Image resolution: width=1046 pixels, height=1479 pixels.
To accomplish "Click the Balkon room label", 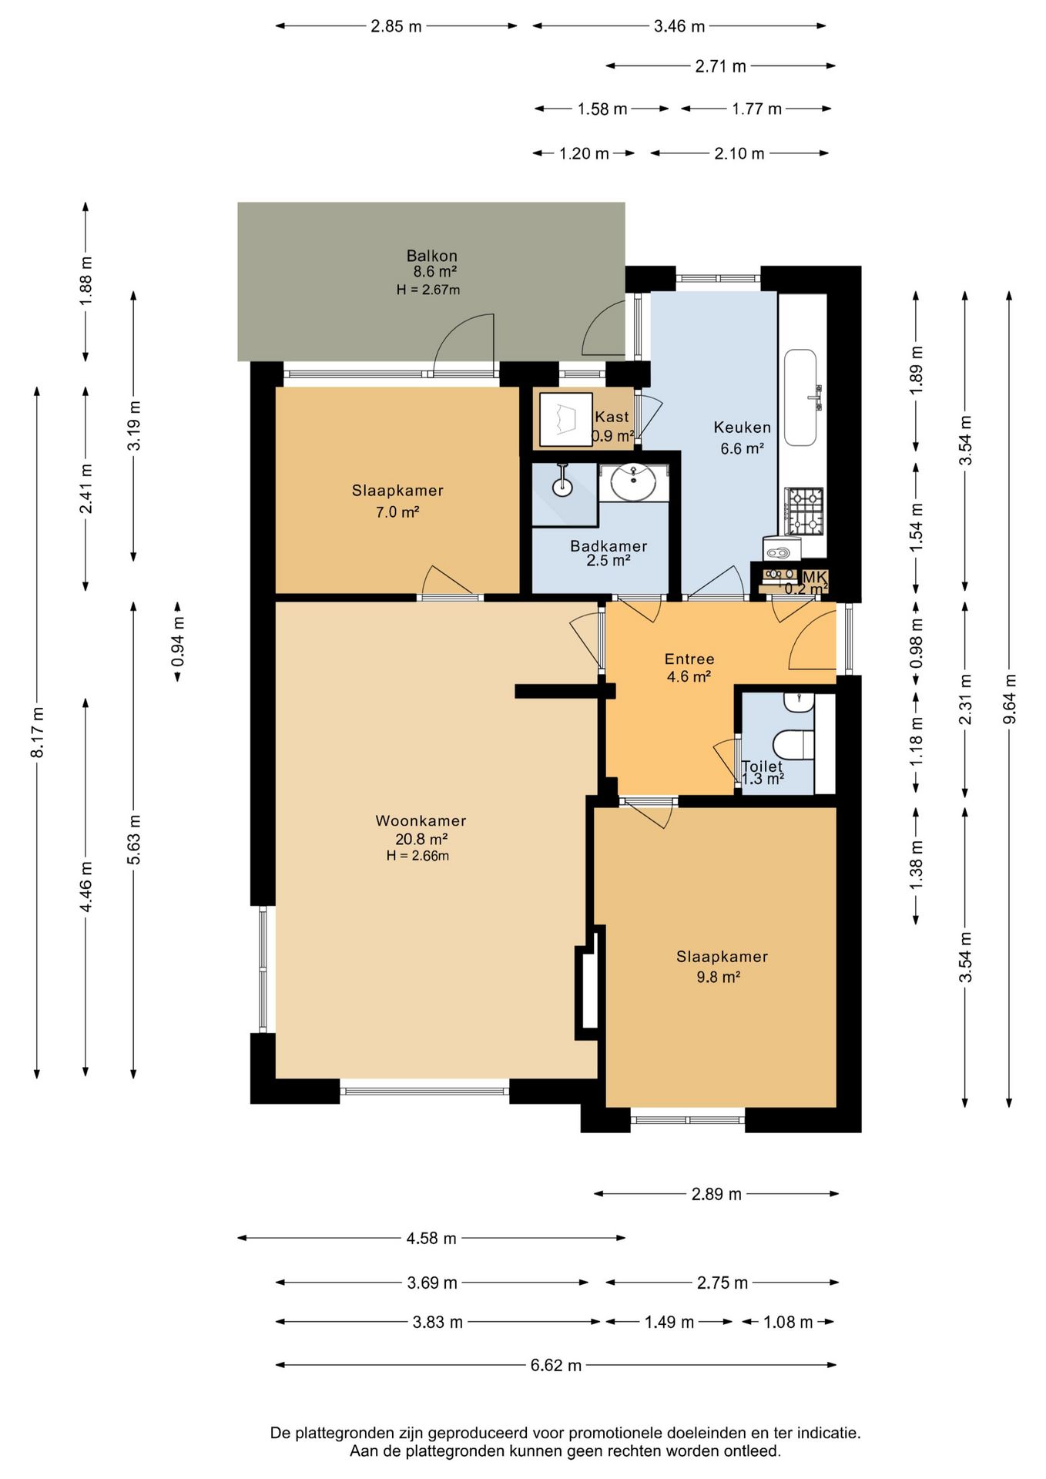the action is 432,256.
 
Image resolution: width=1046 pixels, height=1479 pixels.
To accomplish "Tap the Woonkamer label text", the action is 421,821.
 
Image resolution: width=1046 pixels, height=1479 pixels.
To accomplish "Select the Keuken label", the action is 742,428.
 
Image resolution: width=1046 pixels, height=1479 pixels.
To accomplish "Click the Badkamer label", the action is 608,546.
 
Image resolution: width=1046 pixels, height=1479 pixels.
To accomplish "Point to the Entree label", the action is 689,659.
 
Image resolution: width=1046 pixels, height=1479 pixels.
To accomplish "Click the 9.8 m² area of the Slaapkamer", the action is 719,978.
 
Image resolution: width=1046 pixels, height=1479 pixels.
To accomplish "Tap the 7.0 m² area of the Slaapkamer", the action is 397,512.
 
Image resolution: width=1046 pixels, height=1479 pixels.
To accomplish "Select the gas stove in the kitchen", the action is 804,511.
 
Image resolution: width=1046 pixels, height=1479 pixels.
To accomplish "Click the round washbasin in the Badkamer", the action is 634,482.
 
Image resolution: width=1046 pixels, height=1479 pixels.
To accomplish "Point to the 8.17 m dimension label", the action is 37,732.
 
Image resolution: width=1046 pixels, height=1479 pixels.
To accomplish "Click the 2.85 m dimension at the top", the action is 397,26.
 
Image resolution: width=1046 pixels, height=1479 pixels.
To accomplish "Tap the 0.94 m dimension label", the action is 178,642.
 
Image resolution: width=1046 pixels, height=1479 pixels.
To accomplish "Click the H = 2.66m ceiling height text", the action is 418,856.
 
